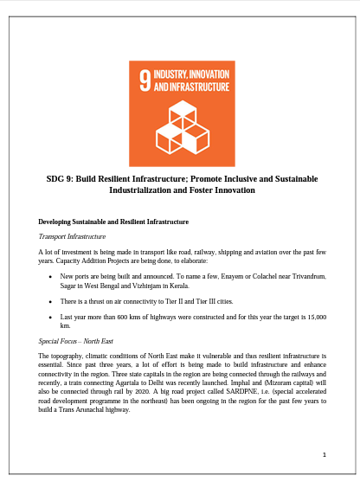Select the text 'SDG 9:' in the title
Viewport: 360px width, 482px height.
click(61, 178)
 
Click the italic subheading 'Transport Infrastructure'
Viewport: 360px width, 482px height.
click(73, 236)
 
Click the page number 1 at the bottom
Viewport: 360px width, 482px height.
click(322, 453)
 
